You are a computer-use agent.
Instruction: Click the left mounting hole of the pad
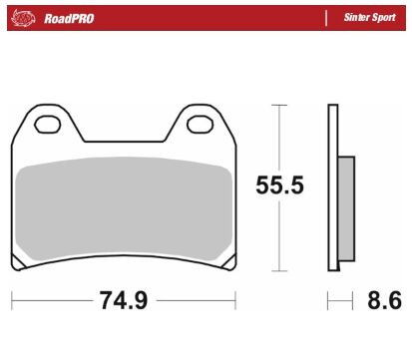47,126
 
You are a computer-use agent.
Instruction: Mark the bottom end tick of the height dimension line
281,270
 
